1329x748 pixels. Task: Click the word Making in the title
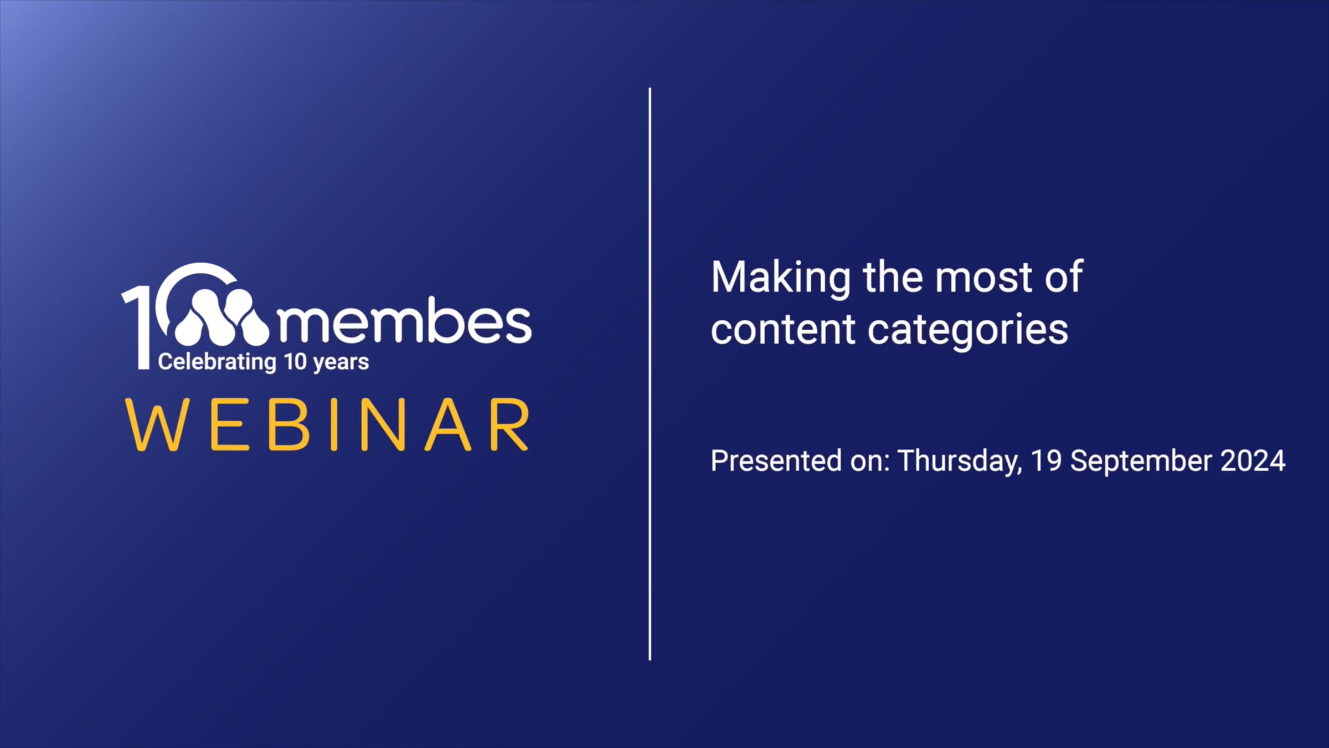(x=781, y=278)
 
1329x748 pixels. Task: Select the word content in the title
(x=783, y=330)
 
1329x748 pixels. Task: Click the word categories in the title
(x=967, y=331)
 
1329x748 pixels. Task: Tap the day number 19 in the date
(x=1046, y=460)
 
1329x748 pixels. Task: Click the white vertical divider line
(x=650, y=374)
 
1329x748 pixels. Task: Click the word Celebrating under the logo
(x=217, y=362)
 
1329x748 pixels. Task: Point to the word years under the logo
(x=341, y=363)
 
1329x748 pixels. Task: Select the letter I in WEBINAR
(x=333, y=424)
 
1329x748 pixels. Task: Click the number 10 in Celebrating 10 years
(x=295, y=362)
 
